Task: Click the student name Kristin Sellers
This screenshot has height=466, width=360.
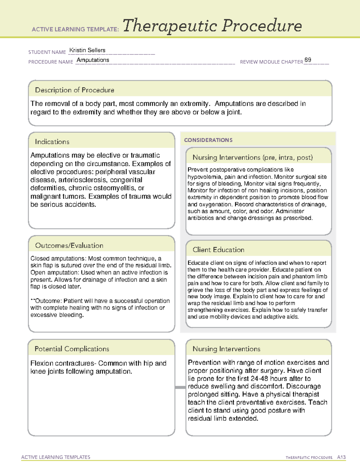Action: coord(87,50)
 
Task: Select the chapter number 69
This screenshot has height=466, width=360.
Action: coord(307,60)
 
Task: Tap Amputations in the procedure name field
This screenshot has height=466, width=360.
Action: coord(93,60)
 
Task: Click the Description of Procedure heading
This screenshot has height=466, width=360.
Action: coord(74,90)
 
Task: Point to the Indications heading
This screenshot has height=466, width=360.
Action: coord(52,142)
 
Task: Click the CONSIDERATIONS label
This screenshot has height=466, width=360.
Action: coord(208,140)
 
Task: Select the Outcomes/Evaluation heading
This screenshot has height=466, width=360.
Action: coord(69,245)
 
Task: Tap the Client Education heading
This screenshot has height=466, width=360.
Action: coord(218,250)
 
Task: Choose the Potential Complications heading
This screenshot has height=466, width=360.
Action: coord(72,349)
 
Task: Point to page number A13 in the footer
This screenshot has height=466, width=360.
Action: coord(341,457)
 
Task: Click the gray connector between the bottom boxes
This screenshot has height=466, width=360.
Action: coord(180,387)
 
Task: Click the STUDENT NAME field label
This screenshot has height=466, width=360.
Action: coord(47,52)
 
